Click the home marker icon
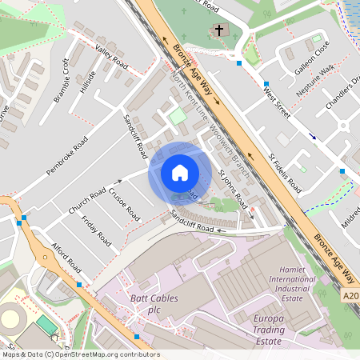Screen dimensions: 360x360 179,173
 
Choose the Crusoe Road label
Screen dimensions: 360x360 124,205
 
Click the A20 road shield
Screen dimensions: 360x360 350,297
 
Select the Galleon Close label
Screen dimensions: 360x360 311,58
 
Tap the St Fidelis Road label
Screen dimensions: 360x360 285,174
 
